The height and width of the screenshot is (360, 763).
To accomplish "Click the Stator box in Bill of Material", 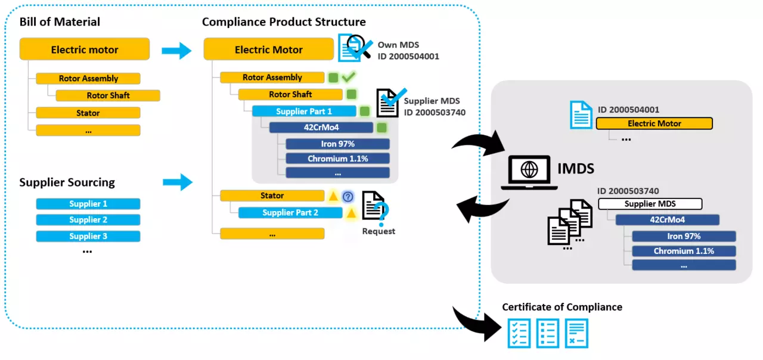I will click(x=88, y=113).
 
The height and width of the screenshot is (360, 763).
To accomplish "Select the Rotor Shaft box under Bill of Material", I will click(x=108, y=95).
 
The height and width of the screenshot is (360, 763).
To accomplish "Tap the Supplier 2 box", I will click(x=88, y=220).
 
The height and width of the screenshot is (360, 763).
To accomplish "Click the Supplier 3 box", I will click(x=88, y=236).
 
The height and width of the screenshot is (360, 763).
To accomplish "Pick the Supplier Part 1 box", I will click(x=304, y=111).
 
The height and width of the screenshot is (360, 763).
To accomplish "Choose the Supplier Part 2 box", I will click(x=290, y=213).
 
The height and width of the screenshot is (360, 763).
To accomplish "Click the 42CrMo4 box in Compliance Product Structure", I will click(x=321, y=128).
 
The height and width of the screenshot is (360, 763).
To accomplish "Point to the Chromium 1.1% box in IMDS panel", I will click(x=683, y=251).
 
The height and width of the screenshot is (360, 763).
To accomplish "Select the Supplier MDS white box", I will click(x=650, y=204).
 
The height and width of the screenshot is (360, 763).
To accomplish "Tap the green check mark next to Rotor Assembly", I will click(x=348, y=77).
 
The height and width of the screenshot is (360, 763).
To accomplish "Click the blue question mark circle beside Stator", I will click(x=348, y=196).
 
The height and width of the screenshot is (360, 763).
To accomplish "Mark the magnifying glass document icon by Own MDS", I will click(x=355, y=48).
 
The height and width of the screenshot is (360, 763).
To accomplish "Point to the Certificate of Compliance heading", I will click(x=562, y=307).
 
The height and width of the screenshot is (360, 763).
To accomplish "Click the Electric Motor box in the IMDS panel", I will click(x=654, y=123).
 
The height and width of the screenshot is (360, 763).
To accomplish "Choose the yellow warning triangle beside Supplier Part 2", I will click(x=352, y=213).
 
